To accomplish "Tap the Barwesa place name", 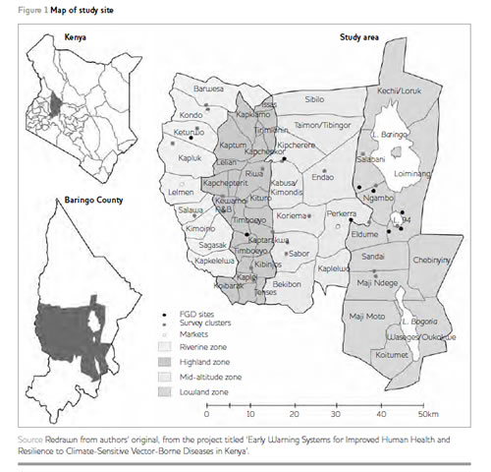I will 209,88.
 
